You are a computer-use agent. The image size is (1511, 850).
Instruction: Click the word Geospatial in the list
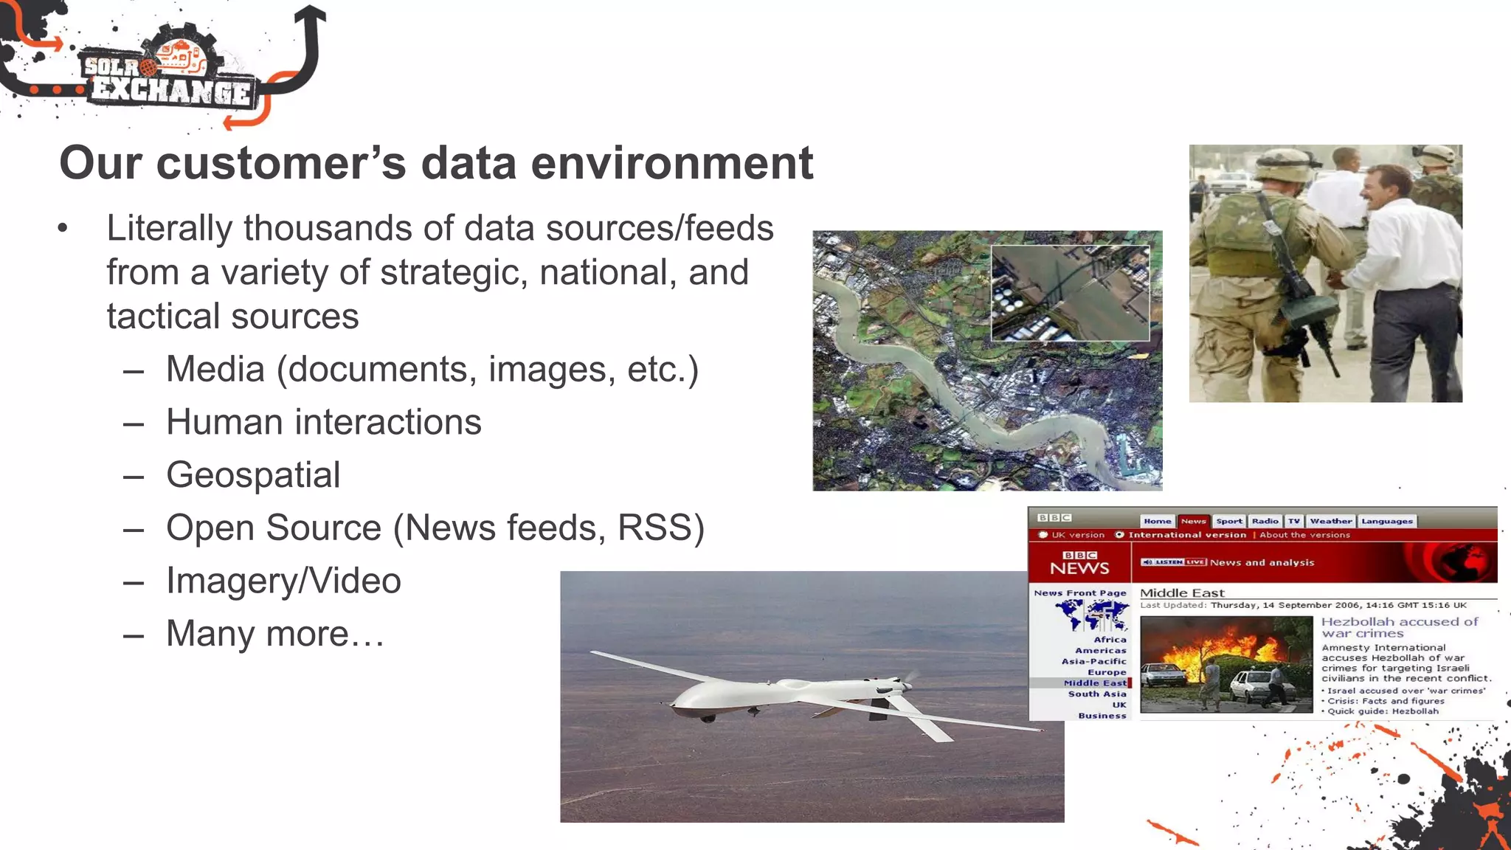(253, 475)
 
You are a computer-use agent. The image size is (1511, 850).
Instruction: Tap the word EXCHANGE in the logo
(171, 91)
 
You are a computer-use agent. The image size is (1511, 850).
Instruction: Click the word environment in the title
(671, 163)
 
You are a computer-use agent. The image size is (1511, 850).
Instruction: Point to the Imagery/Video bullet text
(283, 581)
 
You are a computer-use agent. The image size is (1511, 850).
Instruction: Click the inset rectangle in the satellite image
(1070, 293)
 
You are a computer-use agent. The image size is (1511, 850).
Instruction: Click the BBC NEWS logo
(1079, 563)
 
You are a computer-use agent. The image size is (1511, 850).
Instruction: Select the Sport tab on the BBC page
(1229, 521)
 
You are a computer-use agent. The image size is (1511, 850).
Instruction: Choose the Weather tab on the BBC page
(1331, 521)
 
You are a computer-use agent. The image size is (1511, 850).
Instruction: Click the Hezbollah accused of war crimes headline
(1399, 627)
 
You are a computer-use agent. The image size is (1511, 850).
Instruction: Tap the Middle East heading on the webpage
(1182, 593)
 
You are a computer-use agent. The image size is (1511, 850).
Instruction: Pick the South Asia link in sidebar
(1097, 694)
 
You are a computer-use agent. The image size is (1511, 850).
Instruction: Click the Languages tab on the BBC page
(1387, 521)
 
